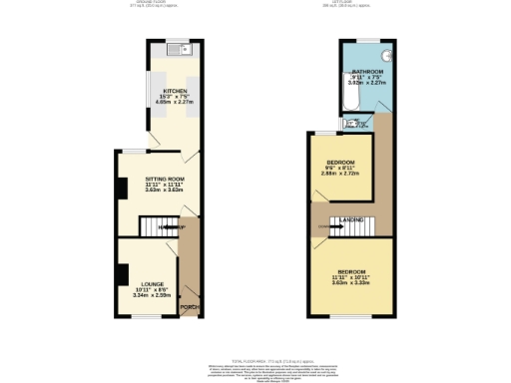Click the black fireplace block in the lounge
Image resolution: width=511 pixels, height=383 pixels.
point(120,272)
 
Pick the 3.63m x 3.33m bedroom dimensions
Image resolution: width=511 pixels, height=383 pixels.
point(351,281)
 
